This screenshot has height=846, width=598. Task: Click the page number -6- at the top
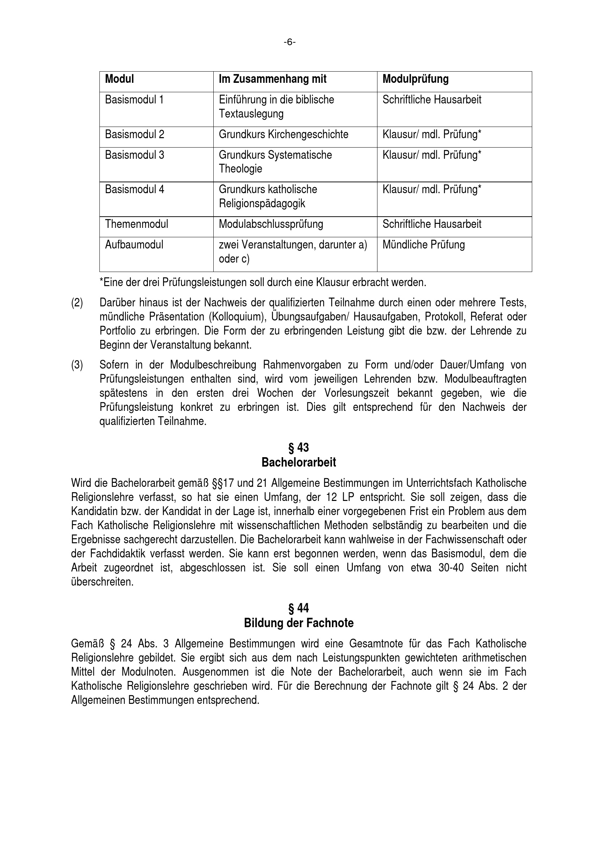(290, 43)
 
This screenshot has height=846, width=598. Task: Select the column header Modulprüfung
(415, 79)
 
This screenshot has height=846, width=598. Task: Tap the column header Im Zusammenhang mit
(273, 79)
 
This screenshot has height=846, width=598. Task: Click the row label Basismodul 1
(134, 100)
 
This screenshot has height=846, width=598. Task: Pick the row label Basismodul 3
(134, 155)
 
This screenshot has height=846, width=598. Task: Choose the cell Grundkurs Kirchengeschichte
(283, 135)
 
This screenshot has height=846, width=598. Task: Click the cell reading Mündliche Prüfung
(423, 245)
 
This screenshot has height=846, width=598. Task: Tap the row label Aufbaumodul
(134, 245)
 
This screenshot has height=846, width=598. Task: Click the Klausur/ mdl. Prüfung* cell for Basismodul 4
(432, 190)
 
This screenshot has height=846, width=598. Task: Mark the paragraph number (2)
(77, 303)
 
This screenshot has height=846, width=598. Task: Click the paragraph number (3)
(77, 365)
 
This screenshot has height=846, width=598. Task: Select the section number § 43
(298, 448)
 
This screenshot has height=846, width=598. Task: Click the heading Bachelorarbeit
(299, 463)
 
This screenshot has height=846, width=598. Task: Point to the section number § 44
(298, 608)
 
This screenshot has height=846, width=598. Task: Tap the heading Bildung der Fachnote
(299, 623)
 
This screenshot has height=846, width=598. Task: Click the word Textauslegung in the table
(251, 114)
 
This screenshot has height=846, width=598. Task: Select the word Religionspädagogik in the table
(262, 204)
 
